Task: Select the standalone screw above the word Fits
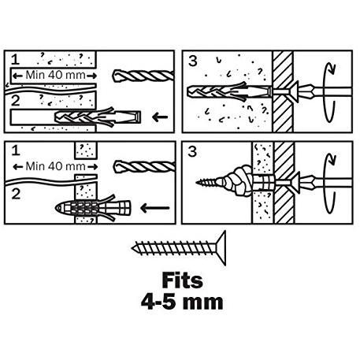tap(177, 249)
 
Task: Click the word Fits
tap(181, 280)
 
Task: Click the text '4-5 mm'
tap(181, 301)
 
